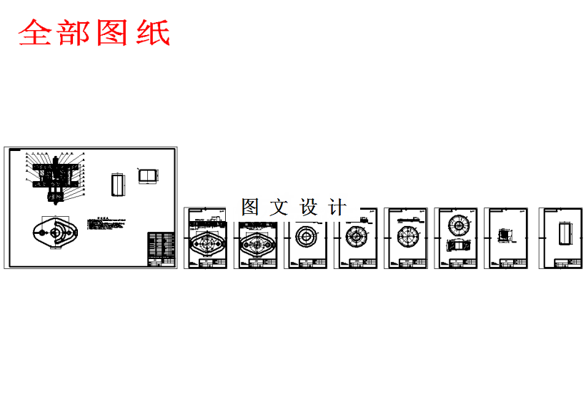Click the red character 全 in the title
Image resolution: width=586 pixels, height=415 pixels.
click(36, 33)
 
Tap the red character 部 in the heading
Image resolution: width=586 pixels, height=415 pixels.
click(74, 33)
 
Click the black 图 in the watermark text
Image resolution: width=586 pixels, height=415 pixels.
click(249, 207)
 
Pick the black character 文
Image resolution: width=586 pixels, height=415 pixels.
click(279, 207)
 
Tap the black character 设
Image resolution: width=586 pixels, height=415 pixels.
click(308, 207)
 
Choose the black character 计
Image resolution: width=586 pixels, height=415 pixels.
click(337, 207)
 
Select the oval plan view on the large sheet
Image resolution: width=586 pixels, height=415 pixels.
click(53, 235)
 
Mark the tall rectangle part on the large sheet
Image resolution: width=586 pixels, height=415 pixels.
click(117, 185)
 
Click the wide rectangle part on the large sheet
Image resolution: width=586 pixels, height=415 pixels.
click(147, 176)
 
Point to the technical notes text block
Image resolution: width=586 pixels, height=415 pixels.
click(107, 224)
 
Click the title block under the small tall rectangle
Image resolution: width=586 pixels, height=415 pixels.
click(560, 263)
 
